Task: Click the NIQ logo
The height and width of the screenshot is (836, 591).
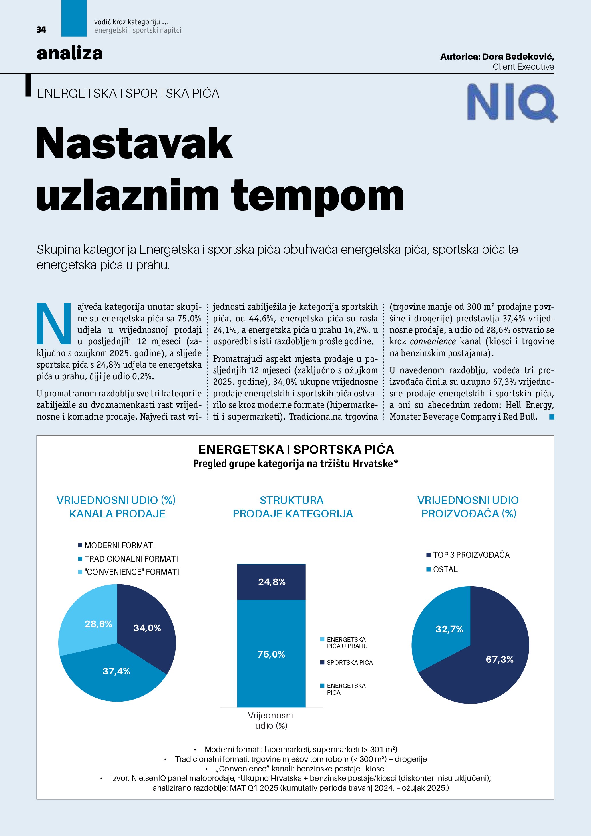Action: [x=511, y=102]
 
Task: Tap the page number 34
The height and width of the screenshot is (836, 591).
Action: [x=41, y=30]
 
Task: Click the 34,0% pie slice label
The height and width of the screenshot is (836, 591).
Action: [x=147, y=628]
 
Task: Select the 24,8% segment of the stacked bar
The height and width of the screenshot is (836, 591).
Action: [x=271, y=582]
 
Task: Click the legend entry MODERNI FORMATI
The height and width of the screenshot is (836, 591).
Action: [x=119, y=545]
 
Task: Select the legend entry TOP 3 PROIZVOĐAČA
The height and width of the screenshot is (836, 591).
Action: [x=471, y=555]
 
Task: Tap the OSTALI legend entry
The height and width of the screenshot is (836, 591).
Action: [x=446, y=569]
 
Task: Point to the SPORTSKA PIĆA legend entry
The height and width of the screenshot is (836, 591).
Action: [x=349, y=662]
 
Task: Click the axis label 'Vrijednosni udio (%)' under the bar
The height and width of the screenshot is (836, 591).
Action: [x=271, y=720]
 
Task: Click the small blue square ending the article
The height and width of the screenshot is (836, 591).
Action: [x=552, y=417]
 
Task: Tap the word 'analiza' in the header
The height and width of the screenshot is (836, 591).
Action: [x=69, y=53]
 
